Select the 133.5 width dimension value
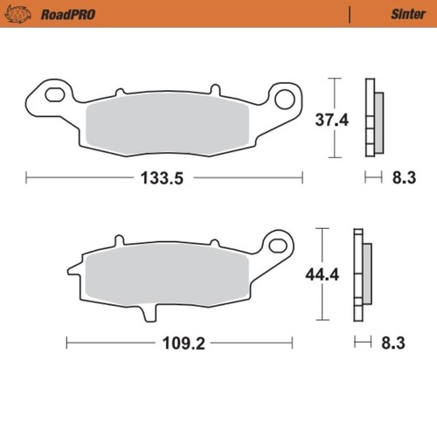pyautogui.click(x=164, y=178)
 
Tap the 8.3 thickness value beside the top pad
pyautogui.click(x=403, y=178)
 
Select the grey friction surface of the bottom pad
pyautogui.click(x=175, y=273)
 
